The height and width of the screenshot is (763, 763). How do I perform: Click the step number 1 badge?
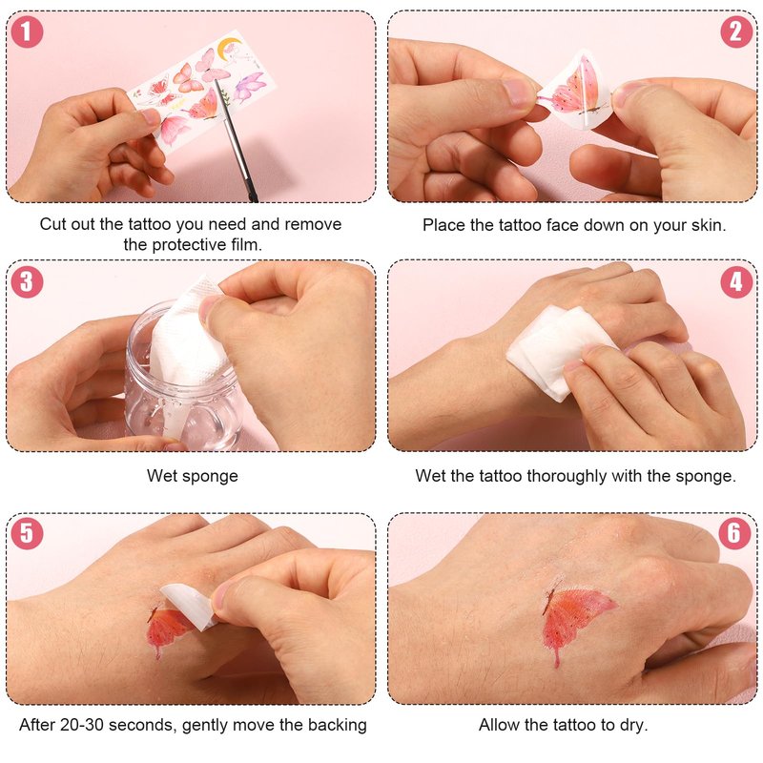[x=27, y=31]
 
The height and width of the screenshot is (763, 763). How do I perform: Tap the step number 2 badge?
[x=736, y=31]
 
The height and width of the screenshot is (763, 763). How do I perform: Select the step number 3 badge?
[x=27, y=282]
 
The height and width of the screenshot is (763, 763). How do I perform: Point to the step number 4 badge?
[x=736, y=282]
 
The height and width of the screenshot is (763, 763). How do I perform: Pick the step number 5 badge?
[x=27, y=533]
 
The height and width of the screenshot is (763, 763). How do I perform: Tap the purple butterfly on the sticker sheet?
[x=249, y=87]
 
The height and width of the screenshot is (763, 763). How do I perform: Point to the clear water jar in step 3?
[x=182, y=380]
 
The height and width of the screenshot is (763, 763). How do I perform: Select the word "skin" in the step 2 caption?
[x=707, y=225]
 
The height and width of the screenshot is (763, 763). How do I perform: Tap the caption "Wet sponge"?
[x=193, y=475]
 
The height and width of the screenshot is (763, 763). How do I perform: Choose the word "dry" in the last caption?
[x=631, y=725]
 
